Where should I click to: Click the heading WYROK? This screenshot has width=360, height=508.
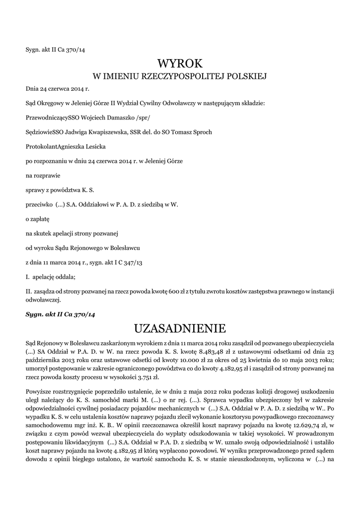pyautogui.click(x=180, y=63)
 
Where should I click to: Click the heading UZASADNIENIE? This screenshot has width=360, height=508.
pyautogui.click(x=180, y=328)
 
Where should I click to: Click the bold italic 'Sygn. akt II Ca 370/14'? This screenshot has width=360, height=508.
pyautogui.click(x=60, y=315)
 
